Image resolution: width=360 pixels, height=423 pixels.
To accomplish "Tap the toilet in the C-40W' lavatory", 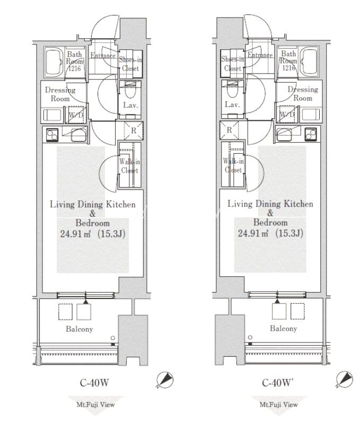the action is point(232,90).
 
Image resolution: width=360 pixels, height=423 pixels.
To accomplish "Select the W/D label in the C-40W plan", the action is point(76,115).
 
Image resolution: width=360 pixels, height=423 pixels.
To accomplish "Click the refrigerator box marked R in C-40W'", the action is point(230,130).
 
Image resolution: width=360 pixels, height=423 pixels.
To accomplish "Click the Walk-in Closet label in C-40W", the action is point(130,166).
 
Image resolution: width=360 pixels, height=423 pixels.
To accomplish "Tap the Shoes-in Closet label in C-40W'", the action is point(233,64).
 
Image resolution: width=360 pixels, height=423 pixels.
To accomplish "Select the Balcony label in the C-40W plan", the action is point(80,329).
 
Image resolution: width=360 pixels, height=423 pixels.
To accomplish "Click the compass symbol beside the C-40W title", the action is point(165,380).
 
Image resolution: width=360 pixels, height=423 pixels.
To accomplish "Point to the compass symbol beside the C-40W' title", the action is point(345,380).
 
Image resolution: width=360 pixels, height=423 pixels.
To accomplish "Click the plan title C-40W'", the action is point(277,383).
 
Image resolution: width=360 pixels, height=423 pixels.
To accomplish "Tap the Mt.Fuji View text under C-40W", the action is point(96,404).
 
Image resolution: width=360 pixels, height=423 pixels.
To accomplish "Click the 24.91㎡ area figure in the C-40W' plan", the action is point(253,233).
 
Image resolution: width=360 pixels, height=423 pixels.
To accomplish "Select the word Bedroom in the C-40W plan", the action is point(93,223).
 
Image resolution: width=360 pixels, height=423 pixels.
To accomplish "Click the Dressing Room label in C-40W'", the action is point(303,93).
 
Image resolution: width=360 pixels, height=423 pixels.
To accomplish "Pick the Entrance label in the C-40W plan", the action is point(103,56).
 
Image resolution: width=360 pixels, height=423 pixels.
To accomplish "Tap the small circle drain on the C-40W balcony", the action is point(113,338).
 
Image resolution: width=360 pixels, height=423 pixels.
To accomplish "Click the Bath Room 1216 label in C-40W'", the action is point(288,61).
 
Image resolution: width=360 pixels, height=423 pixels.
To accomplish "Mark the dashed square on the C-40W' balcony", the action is point(297,311).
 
